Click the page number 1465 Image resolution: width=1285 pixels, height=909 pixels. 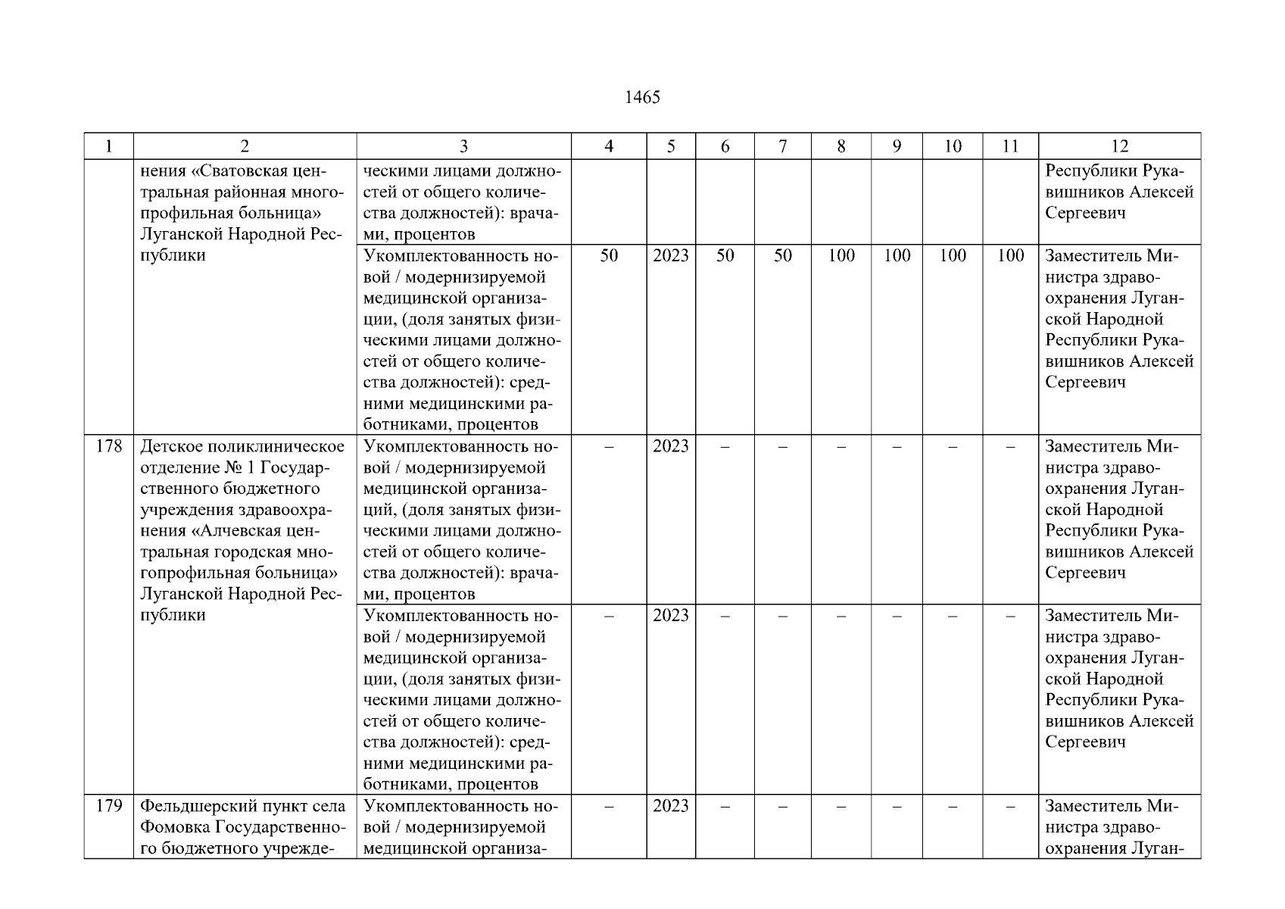pos(642,98)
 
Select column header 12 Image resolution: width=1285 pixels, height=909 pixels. pos(1119,147)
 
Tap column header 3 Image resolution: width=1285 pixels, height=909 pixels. pos(463,147)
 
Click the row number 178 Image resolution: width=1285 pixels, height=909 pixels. pos(109,446)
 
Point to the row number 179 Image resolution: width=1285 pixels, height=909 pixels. pos(109,806)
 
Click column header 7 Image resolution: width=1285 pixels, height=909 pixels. pos(783,147)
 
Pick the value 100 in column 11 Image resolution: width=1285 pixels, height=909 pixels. pos(1010,256)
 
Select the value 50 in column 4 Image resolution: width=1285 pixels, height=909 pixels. pos(609,256)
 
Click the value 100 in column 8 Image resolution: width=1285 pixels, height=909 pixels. pos(841,256)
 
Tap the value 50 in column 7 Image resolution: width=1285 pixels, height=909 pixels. pos(783,256)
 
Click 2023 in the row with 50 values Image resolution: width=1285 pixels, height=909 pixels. pos(671,256)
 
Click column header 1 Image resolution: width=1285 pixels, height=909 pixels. pos(109,147)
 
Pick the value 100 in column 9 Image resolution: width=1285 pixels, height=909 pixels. pos(897,256)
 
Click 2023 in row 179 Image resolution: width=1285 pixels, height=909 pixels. pos(671,806)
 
